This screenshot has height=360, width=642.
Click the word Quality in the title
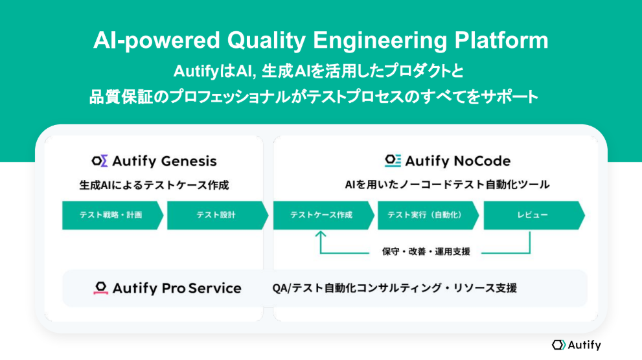pos(266,41)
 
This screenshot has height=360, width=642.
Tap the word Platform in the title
pos(501,40)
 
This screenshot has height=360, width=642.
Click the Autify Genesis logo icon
pos(100,161)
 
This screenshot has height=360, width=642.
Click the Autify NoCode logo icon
pos(393,161)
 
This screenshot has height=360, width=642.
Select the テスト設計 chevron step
pos(218,215)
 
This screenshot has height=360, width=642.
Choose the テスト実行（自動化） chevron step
pos(428,215)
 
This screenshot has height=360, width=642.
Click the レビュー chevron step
pos(534,215)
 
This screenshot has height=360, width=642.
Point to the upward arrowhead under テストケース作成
pos(321,234)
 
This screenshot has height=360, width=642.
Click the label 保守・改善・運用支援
pos(426,251)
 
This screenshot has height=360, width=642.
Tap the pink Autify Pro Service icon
pos(100,288)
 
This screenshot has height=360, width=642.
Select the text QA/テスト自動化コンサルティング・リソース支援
pos(395,288)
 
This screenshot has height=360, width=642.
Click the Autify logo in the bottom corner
pos(577,345)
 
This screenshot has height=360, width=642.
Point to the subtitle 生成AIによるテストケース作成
pos(154,185)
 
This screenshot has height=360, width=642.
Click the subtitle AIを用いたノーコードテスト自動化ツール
pos(447,185)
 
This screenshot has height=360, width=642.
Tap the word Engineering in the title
pos(380,41)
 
